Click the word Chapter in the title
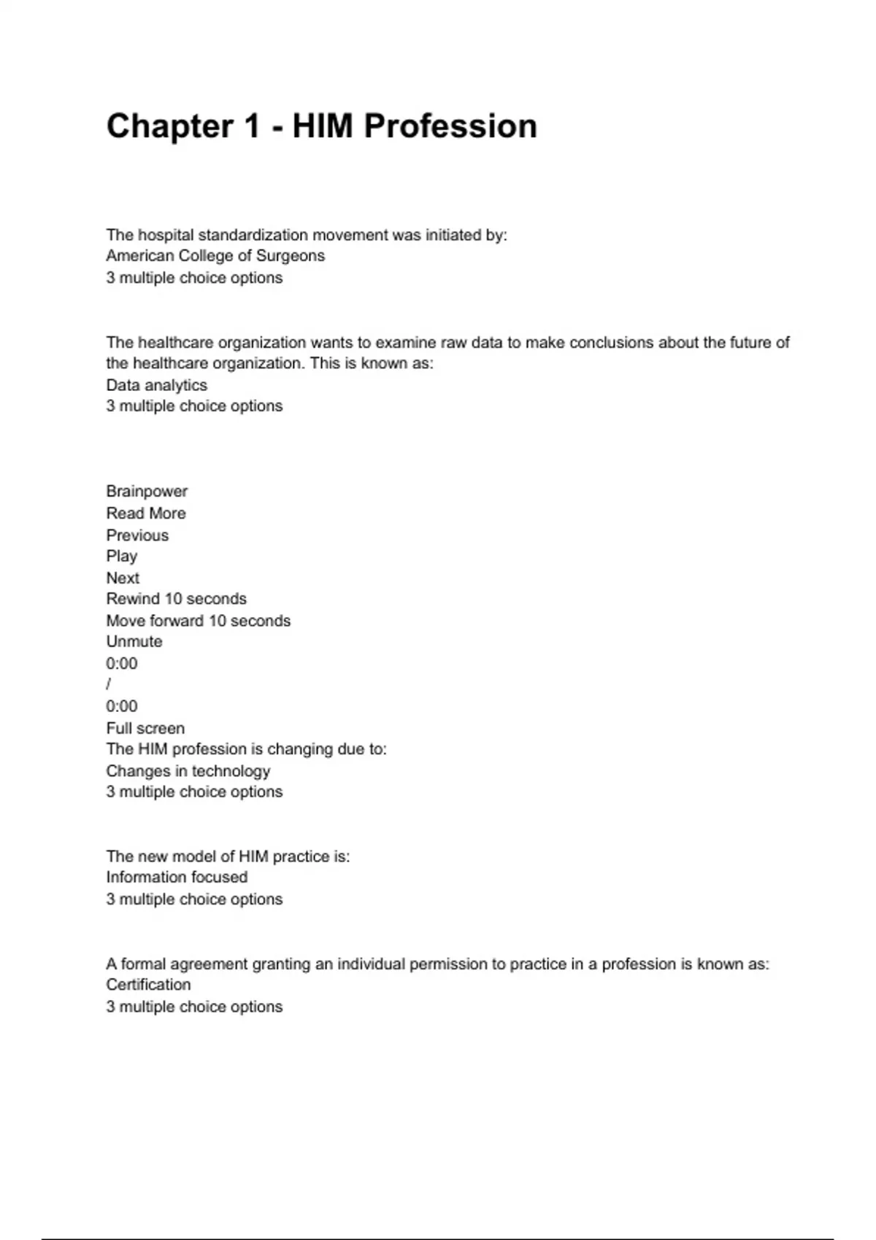(170, 126)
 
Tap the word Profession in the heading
(450, 126)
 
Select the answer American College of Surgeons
(215, 256)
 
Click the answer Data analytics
(156, 385)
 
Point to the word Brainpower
(147, 492)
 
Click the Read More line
(146, 514)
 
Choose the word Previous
(137, 535)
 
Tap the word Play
(121, 557)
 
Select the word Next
(123, 578)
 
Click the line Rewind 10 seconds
(176, 599)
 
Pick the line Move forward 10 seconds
(198, 621)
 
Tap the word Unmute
(134, 642)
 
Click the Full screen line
(145, 728)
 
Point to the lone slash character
(109, 685)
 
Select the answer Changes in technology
(188, 771)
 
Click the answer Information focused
(177, 877)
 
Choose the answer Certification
(148, 985)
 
